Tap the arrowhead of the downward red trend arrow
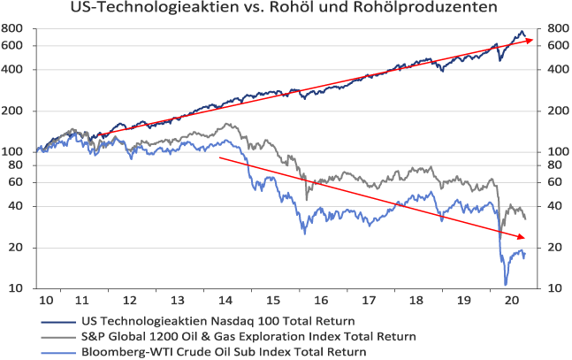pyautogui.click(x=523, y=237)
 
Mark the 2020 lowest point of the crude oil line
pyautogui.click(x=507, y=284)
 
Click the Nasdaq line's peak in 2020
pyautogui.click(x=520, y=32)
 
